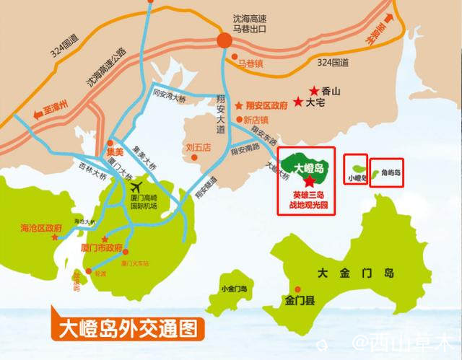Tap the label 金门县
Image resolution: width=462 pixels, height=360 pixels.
point(297,297)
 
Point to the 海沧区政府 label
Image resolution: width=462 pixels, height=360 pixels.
point(42,229)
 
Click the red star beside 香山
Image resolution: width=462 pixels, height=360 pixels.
point(313,91)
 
